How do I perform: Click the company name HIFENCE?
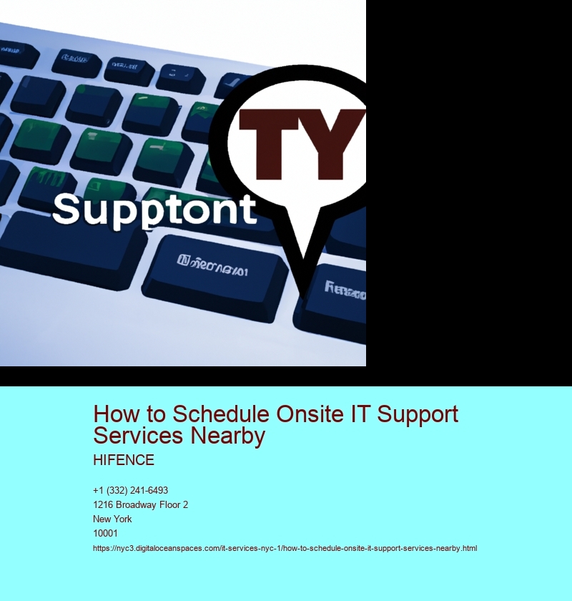[x=124, y=460]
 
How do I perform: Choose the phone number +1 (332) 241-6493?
[x=130, y=490]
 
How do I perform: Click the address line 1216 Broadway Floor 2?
[x=140, y=504]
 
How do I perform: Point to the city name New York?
[x=112, y=519]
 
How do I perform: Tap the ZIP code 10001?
[x=105, y=533]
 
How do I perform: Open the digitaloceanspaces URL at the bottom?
[x=285, y=548]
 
